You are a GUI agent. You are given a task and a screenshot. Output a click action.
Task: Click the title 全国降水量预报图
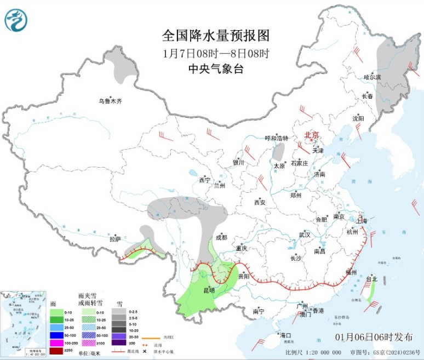pyautogui.click(x=216, y=36)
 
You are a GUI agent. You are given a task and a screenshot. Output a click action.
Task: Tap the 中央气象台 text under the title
pyautogui.click(x=216, y=69)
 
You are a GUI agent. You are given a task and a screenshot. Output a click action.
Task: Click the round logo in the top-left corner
pyautogui.click(x=15, y=20)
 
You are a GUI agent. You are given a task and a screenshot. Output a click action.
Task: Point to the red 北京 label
pyautogui.click(x=311, y=134)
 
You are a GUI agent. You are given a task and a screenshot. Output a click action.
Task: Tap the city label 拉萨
pyautogui.click(x=114, y=238)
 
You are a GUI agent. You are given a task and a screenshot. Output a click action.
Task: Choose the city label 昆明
pyautogui.click(x=209, y=289)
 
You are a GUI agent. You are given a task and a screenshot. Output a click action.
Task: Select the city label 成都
pyautogui.click(x=221, y=237)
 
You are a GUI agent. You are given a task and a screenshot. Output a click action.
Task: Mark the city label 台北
pyautogui.click(x=371, y=279)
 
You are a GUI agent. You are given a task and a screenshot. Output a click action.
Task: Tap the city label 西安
pyautogui.click(x=260, y=202)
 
